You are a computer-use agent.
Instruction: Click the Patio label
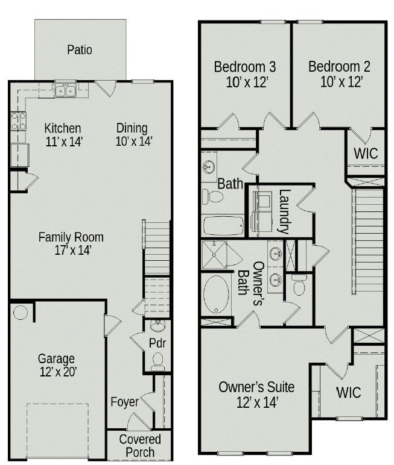point(80,49)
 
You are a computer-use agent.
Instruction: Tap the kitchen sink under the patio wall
point(65,91)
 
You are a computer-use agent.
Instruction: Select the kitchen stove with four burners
point(18,122)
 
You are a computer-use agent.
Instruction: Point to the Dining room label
point(132,128)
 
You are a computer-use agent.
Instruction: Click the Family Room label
point(71,237)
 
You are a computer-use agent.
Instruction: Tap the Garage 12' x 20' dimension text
point(57,372)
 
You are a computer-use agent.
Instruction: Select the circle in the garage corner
point(21,313)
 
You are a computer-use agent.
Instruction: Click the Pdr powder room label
point(157,343)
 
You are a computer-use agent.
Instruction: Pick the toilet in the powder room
point(157,361)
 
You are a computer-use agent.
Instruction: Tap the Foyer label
point(124,402)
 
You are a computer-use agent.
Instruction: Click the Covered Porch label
point(140,446)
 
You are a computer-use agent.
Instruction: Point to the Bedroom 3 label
point(245,66)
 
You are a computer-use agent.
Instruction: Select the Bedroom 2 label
point(339,66)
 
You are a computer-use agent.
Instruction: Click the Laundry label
point(284,212)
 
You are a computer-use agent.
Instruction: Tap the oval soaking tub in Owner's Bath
point(215,295)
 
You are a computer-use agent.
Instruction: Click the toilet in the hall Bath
point(212,196)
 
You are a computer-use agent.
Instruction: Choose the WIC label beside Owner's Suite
point(348,393)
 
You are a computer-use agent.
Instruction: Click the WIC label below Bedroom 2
point(366,153)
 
